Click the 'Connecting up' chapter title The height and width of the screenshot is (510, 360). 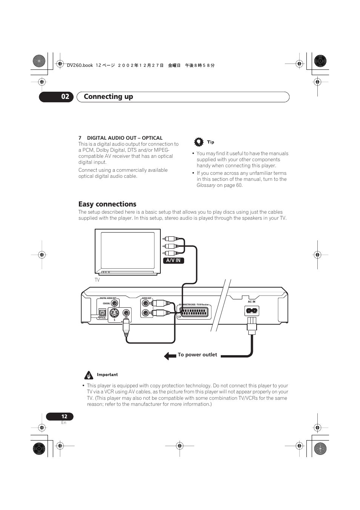[x=108, y=97]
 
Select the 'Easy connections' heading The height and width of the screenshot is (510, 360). [x=107, y=204]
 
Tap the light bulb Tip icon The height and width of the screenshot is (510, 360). [x=198, y=142]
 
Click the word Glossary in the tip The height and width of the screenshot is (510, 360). [x=206, y=185]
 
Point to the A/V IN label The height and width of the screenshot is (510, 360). [x=174, y=260]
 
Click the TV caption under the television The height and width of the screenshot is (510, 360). [x=97, y=280]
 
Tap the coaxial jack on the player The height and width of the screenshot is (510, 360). [x=114, y=303]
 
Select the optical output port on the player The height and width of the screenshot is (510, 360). [x=102, y=313]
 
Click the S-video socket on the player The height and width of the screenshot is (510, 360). [x=114, y=313]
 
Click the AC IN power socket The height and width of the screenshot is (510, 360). [x=252, y=311]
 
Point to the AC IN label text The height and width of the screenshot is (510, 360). [x=252, y=302]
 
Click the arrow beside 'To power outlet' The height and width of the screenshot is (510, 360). [x=170, y=356]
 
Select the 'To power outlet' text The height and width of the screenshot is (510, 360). [x=197, y=355]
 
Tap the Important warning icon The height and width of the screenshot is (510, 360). [x=89, y=375]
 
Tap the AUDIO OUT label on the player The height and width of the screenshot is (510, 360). [x=146, y=298]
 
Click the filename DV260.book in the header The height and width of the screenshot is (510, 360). [x=80, y=65]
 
